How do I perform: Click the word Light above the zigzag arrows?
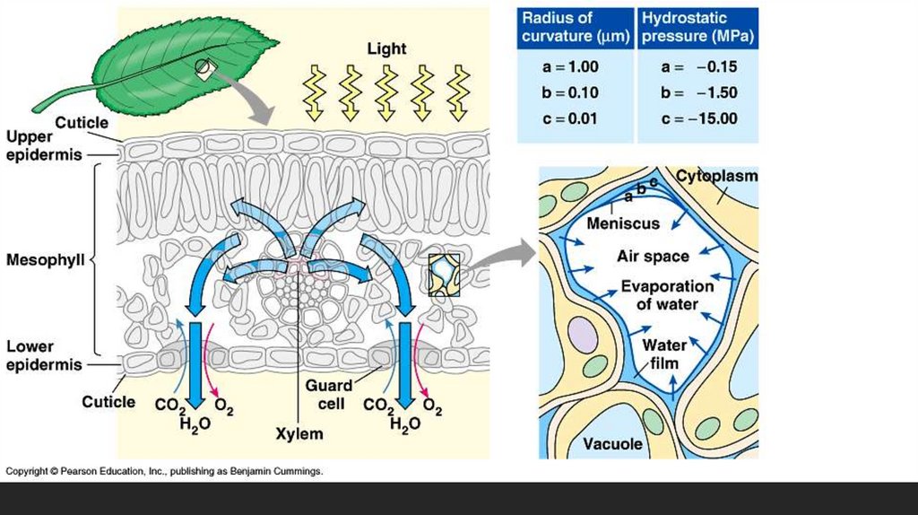[x=385, y=48]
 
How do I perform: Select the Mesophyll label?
[x=45, y=260]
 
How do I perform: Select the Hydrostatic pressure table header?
[x=697, y=29]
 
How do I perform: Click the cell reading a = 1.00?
[x=570, y=67]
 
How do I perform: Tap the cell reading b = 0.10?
[x=570, y=92]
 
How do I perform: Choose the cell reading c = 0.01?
[x=570, y=118]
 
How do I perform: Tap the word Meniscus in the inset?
[x=622, y=223]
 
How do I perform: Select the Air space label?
[x=653, y=257]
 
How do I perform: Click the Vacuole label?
[x=612, y=444]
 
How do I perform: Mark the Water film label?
[x=664, y=354]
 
